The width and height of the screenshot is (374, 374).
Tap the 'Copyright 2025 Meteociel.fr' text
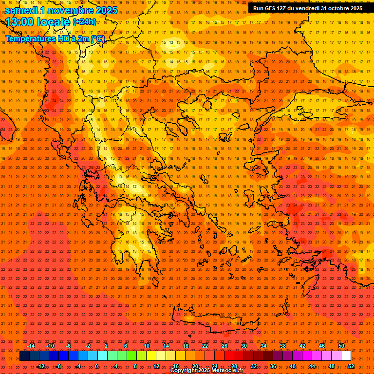tap(207, 371)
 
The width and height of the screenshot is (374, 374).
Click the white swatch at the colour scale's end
tap(346, 356)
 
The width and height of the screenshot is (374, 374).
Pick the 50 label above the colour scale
tap(341, 346)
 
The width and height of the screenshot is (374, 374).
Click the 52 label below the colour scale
tap(351, 366)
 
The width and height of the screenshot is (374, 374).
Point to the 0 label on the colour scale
tap(96, 366)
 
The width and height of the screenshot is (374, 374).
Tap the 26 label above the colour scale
tap(224, 346)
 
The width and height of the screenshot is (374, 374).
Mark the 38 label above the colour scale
tap(283, 346)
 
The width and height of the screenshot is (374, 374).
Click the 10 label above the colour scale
tap(147, 346)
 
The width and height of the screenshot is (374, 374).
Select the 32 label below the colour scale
tap(254, 366)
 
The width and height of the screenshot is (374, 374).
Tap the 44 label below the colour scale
tap(312, 366)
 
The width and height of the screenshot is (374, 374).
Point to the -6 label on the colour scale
tap(69, 346)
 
